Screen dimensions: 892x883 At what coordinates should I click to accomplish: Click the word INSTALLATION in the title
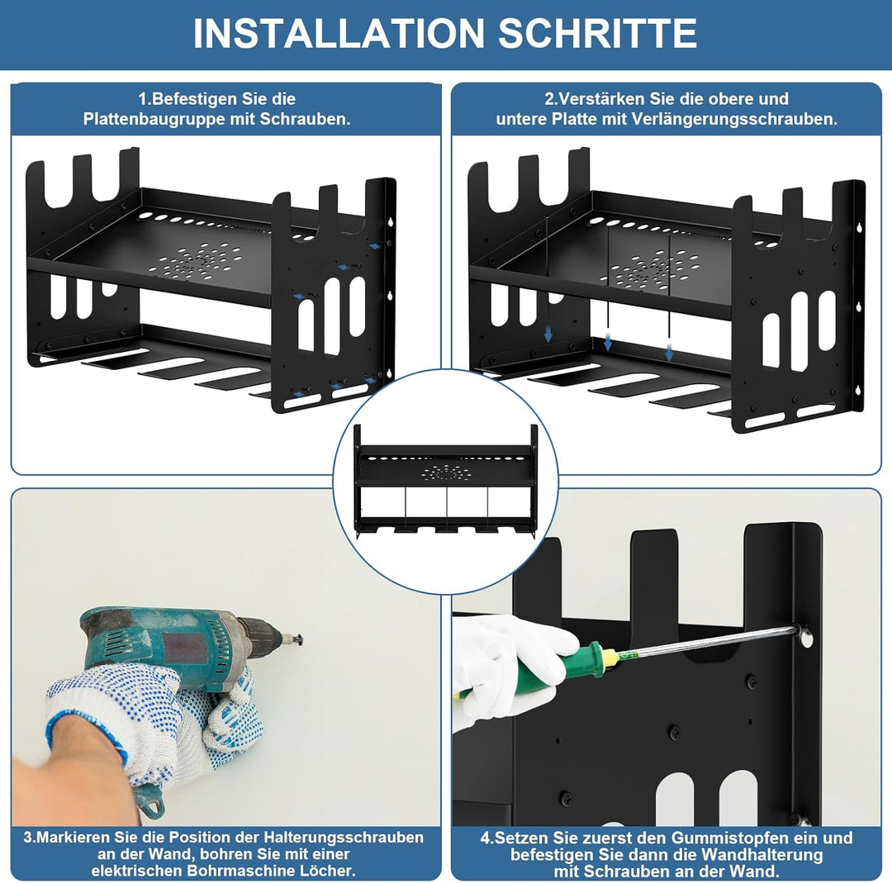(x=339, y=34)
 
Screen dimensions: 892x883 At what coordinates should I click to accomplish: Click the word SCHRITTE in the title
(x=597, y=34)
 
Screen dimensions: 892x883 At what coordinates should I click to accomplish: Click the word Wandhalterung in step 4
(x=762, y=855)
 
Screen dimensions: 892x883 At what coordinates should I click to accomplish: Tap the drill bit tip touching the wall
(x=300, y=641)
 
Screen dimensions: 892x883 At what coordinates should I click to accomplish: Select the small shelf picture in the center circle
(x=445, y=482)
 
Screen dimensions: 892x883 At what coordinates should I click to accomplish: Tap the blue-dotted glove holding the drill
(x=154, y=723)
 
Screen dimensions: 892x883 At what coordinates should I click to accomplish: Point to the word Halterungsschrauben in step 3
(x=344, y=838)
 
